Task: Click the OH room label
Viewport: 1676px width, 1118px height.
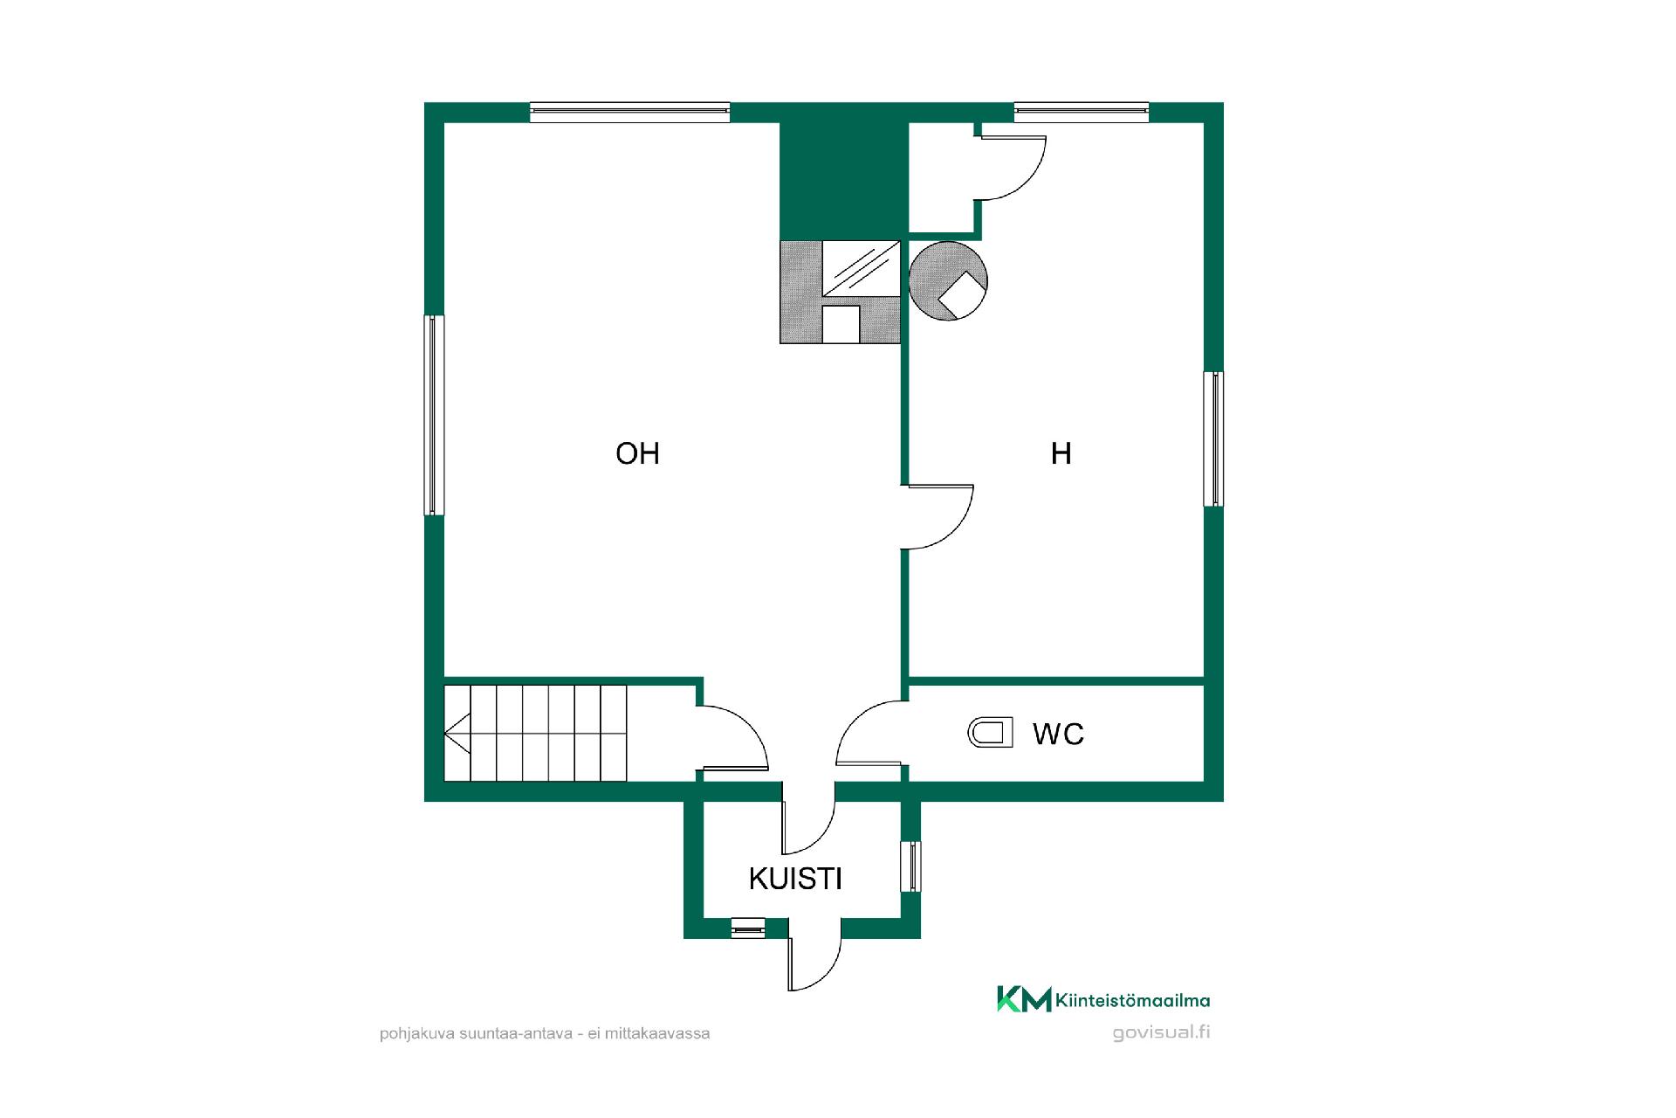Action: point(637,453)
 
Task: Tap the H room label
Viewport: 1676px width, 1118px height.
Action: point(1061,453)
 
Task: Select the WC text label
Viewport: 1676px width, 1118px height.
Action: point(1058,734)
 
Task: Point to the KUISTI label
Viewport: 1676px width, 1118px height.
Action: point(795,879)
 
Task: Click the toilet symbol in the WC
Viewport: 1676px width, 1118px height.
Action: point(991,733)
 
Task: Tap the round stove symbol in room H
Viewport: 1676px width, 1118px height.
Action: point(948,280)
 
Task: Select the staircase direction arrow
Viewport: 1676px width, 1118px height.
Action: point(457,733)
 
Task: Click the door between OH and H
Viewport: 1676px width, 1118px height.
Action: point(938,516)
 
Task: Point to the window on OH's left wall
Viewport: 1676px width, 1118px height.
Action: point(434,415)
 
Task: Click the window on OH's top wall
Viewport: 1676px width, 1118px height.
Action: point(629,112)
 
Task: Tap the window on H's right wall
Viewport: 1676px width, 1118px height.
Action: point(1213,438)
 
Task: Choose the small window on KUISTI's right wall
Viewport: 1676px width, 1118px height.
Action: point(910,866)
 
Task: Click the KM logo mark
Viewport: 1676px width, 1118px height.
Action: point(1024,999)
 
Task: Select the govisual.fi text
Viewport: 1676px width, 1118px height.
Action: point(1161,1032)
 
